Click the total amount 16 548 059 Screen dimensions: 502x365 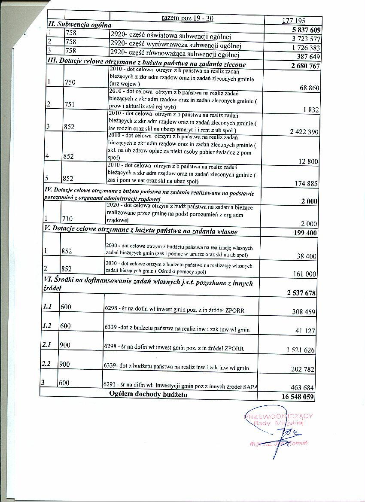(298, 397)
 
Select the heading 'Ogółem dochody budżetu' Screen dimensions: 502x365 (148, 394)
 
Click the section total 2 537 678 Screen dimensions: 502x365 (301, 293)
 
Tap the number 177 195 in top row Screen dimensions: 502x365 (294, 21)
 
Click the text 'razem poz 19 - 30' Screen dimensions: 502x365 (187, 18)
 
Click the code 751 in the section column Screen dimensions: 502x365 (69, 104)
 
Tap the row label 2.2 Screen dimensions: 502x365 (48, 363)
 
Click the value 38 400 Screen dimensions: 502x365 (307, 256)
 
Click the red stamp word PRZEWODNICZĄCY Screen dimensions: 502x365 (279, 416)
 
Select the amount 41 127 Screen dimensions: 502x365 (304, 331)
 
